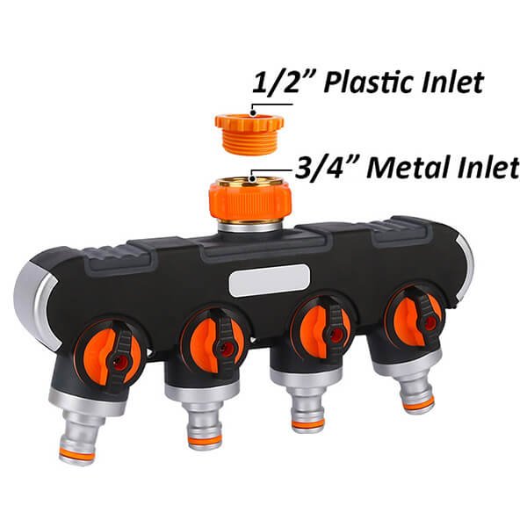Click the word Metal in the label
click(x=408, y=168)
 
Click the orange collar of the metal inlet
click(x=249, y=201)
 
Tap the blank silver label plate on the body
click(x=269, y=280)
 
